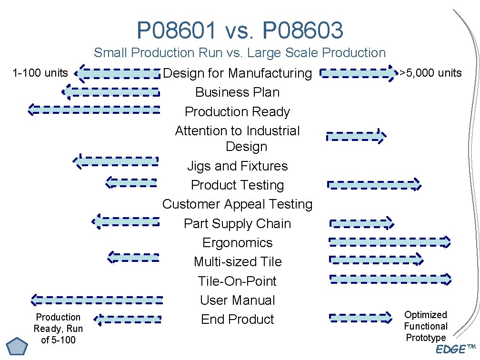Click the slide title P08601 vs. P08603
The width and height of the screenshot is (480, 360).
tap(240, 30)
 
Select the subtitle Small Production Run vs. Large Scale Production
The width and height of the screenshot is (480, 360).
tap(240, 53)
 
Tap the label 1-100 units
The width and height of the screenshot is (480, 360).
tap(40, 73)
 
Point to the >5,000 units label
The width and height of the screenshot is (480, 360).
tap(430, 73)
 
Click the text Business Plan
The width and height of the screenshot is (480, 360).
tap(237, 92)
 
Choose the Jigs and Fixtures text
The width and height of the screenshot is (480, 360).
tap(237, 166)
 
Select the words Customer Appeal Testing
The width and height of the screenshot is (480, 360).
tap(237, 204)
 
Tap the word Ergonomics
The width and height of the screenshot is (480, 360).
tap(237, 243)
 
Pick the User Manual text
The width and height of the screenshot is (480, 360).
tap(237, 300)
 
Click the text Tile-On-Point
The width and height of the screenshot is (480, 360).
tap(237, 281)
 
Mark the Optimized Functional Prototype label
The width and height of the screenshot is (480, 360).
tap(426, 326)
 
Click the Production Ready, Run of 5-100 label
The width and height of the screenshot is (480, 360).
tap(58, 328)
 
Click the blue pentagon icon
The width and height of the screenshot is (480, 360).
tap(18, 346)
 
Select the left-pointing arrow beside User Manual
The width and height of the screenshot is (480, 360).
tap(97, 300)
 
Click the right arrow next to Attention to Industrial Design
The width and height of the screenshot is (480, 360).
tap(356, 137)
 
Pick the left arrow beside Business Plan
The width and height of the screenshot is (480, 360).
tap(110, 91)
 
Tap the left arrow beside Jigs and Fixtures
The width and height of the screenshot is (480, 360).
tap(115, 161)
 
